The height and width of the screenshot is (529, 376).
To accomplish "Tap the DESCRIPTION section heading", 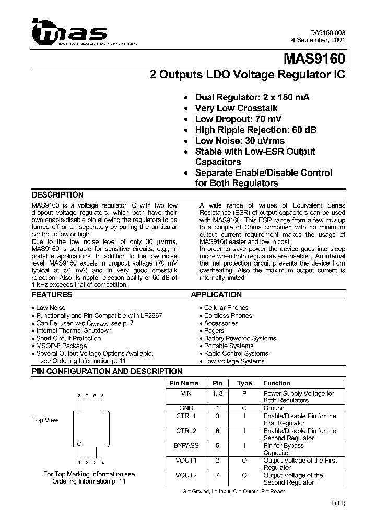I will (x=57, y=195).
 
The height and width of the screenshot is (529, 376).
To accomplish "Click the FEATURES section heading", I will (x=52, y=295).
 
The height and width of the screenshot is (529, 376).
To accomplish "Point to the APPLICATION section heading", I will (x=216, y=295).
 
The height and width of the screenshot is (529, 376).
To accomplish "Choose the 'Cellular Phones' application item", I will (x=226, y=308).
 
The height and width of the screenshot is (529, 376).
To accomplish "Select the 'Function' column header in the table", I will (x=277, y=383).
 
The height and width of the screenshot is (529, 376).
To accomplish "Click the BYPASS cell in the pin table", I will (x=186, y=446).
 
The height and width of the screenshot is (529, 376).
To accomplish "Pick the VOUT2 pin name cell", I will (x=186, y=475).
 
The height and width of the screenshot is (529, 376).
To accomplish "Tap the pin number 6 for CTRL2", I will (x=217, y=431).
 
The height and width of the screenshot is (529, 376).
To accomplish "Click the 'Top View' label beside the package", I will (x=45, y=420).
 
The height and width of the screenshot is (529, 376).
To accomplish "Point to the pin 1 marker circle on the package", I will (x=79, y=443).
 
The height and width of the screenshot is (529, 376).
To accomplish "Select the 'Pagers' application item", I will (x=214, y=331).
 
